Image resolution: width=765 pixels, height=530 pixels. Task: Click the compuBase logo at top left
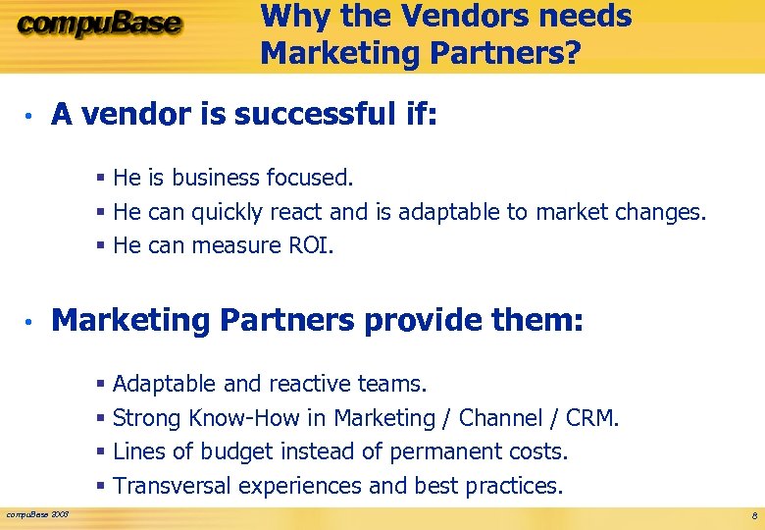tap(98, 25)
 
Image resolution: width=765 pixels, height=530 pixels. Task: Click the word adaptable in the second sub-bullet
tap(442, 211)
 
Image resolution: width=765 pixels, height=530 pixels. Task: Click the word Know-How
tap(243, 418)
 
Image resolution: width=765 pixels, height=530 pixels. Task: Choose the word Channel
tap(504, 418)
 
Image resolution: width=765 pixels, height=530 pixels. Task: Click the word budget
tap(236, 451)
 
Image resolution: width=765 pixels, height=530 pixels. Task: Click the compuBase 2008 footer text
tap(37, 513)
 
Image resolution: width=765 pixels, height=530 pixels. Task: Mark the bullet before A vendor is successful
tap(31, 117)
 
